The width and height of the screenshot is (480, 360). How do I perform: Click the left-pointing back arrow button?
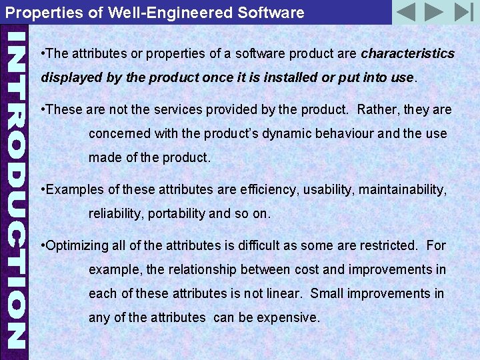[405, 12]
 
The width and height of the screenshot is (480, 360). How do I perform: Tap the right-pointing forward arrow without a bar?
[434, 12]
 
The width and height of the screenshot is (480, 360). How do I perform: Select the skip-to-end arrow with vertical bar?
[463, 12]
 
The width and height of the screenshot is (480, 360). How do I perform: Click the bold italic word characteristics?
[407, 53]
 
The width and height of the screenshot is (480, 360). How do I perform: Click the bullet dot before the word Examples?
[43, 190]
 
